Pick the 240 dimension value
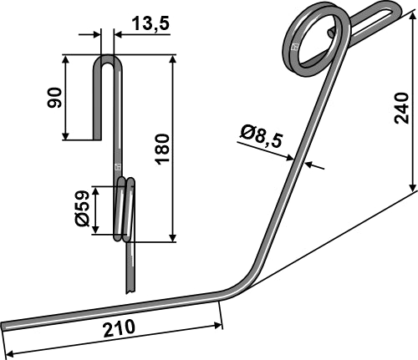(402, 108)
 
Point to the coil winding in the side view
(124, 209)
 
